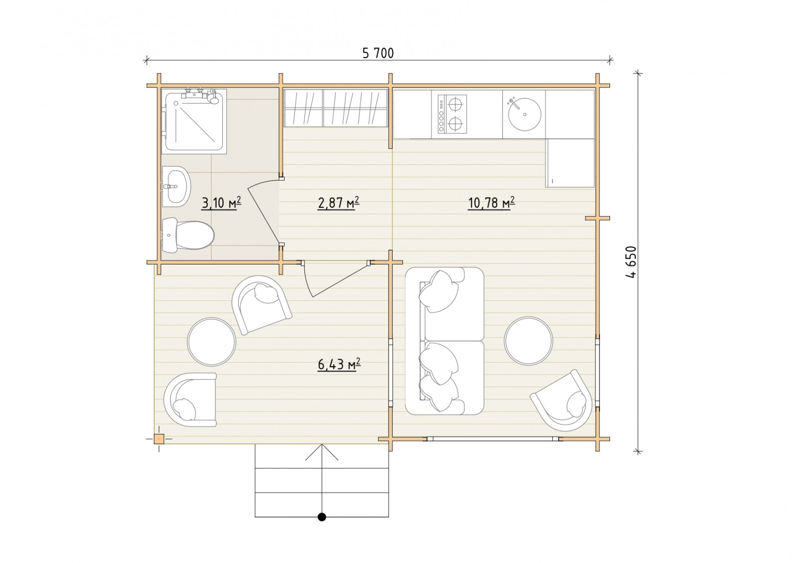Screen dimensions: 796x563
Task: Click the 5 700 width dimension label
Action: click(378, 53)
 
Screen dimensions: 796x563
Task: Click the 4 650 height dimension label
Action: click(630, 262)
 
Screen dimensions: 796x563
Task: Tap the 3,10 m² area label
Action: click(221, 203)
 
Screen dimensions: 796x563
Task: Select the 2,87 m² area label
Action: click(338, 203)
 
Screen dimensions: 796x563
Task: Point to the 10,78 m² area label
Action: click(492, 203)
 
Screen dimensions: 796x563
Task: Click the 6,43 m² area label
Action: click(339, 365)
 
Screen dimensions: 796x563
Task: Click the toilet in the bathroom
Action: click(188, 235)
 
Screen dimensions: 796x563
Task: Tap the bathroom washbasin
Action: click(176, 187)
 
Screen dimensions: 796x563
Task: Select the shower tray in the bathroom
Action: click(194, 121)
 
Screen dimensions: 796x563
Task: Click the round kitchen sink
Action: click(525, 114)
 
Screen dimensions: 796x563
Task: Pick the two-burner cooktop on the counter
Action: click(452, 114)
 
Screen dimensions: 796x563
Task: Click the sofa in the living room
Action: click(445, 341)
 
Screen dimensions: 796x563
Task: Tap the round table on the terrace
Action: click(211, 342)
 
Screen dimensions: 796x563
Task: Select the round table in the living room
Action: click(528, 341)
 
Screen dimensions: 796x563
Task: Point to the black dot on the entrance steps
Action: click(322, 517)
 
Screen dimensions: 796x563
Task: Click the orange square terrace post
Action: click(159, 439)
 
